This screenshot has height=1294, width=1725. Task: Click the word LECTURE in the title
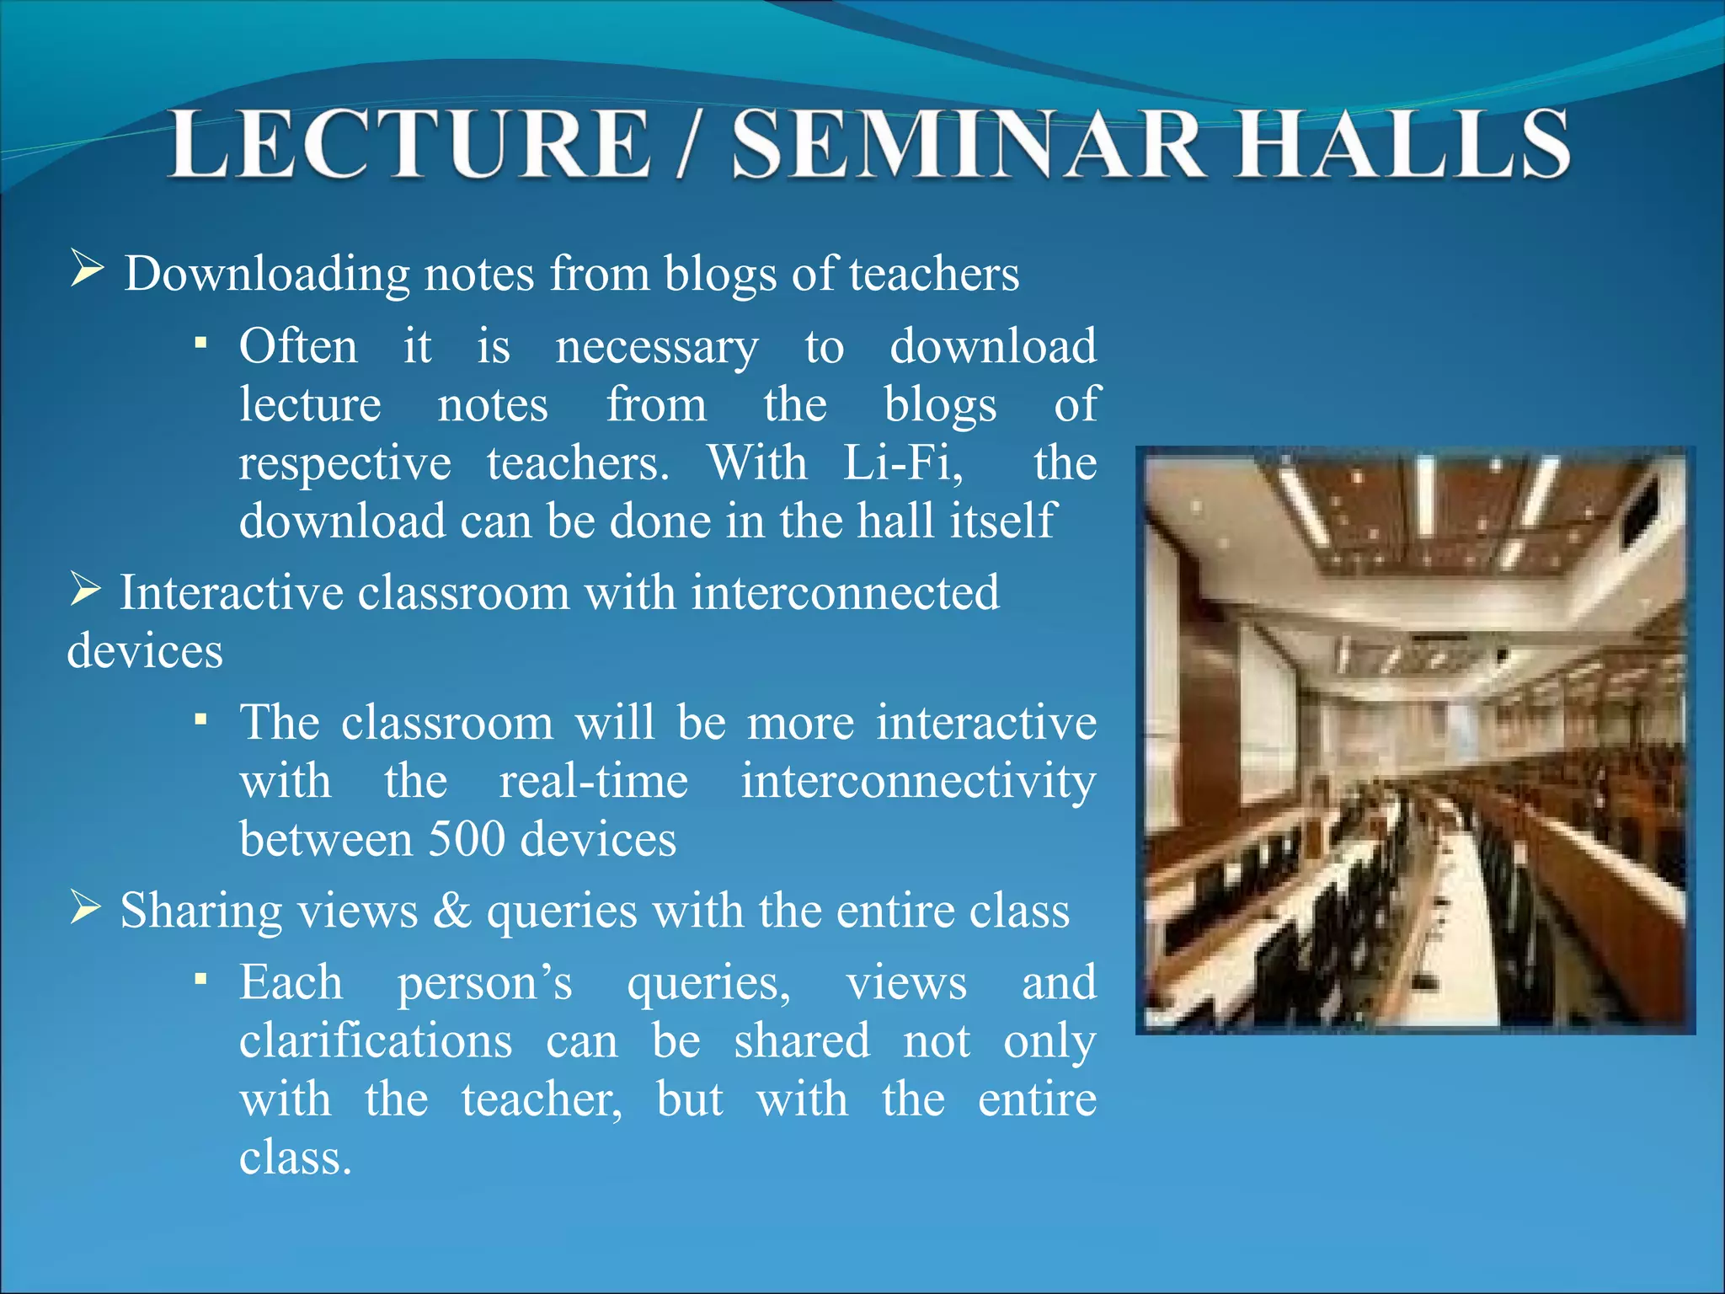pos(410,145)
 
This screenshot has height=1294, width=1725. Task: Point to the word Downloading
pos(267,275)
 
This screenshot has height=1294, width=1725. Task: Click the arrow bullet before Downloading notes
pos(87,270)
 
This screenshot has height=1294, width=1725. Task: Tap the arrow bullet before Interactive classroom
pos(85,589)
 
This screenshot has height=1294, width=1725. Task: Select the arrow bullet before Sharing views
pos(85,907)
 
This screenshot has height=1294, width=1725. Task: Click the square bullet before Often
pos(200,343)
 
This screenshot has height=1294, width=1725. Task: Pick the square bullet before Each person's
pos(200,979)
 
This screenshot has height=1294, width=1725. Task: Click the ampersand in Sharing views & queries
pos(452,911)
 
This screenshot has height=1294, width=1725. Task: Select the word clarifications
pos(376,1040)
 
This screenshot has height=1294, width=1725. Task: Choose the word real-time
pos(594,781)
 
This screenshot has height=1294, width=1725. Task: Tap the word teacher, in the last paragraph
pos(542,1099)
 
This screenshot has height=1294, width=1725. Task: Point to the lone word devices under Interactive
pos(145,651)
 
